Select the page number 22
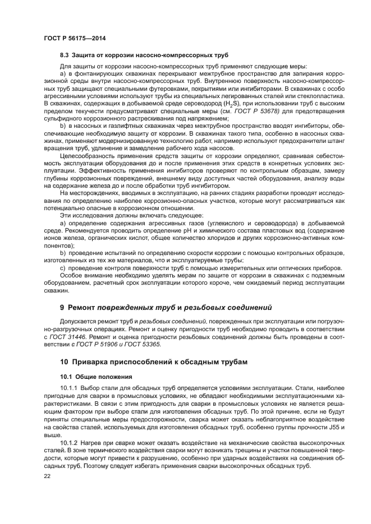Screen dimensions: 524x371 click(47, 476)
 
